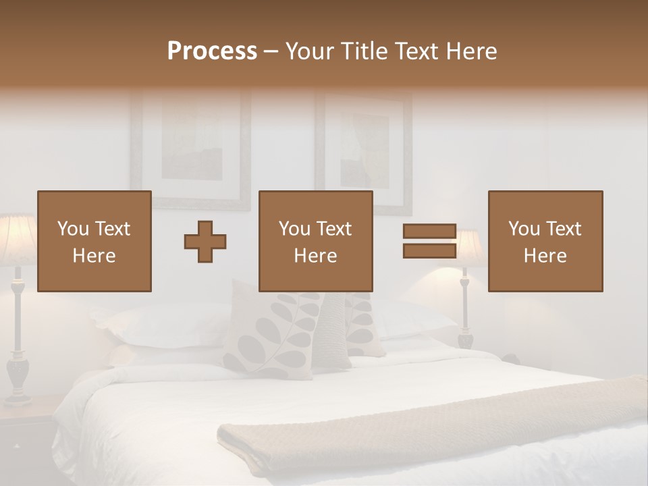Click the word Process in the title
212,51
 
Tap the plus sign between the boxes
205,242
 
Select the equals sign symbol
429,241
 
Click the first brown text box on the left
94,242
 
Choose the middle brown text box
315,242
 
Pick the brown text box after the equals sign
545,242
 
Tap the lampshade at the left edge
15,236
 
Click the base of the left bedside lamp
18,378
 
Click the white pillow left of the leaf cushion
169,324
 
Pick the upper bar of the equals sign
429,232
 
